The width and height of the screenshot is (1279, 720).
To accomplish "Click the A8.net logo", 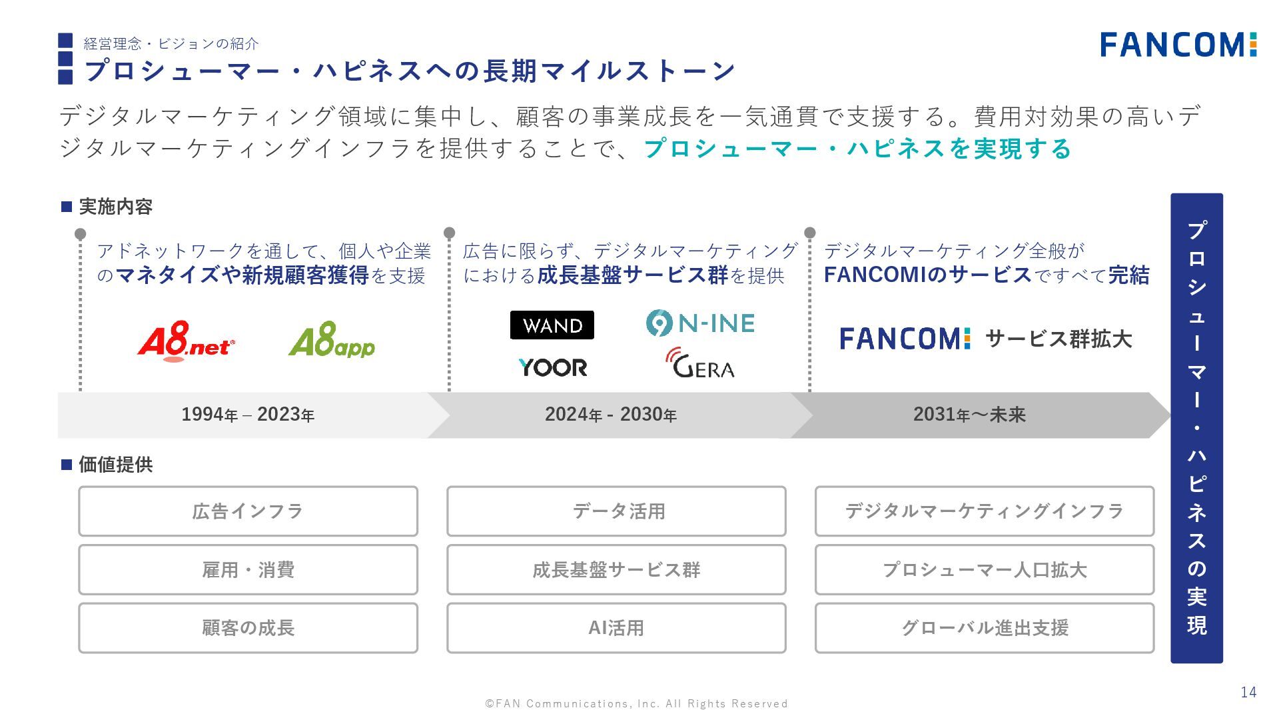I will (186, 341).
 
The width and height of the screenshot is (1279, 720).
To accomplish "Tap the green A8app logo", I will (332, 340).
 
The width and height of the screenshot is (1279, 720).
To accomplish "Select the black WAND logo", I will (552, 325).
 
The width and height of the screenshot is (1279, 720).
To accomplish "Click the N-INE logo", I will (700, 323).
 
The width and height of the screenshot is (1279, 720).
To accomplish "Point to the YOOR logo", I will (553, 367).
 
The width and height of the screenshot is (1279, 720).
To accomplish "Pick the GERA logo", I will (700, 364).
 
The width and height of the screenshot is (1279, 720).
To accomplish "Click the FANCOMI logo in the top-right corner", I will (1178, 45).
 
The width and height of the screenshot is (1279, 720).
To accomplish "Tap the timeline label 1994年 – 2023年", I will (248, 415).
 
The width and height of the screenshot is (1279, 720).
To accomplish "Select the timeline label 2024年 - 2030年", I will (610, 415).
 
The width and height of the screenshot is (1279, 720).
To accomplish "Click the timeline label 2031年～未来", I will (969, 415).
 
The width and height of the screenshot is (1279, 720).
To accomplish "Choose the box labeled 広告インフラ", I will (248, 511).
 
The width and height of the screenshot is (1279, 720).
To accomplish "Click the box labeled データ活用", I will (616, 511).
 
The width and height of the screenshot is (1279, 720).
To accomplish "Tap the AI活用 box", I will (616, 628).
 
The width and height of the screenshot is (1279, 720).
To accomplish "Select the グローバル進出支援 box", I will (985, 628).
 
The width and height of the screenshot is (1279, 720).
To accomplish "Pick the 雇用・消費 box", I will (248, 570).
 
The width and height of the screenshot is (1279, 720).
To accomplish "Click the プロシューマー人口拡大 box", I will (985, 570).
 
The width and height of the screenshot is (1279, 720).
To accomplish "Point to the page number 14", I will (1248, 692).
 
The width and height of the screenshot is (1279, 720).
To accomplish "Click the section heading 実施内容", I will (115, 207).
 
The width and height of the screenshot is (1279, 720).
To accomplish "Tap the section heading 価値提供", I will (115, 465).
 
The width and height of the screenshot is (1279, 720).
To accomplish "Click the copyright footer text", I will (636, 703).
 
